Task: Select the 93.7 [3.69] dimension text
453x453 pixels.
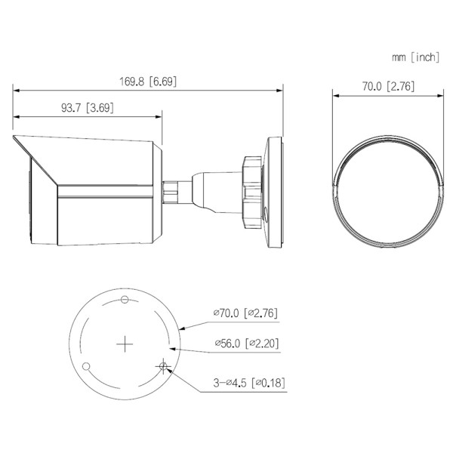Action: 87,108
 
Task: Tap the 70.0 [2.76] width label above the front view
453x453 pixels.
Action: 387,86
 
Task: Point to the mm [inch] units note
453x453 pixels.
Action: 414,57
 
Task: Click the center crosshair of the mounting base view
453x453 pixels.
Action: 125,344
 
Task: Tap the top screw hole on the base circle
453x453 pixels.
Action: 125,300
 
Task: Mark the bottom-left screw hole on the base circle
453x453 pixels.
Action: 87,367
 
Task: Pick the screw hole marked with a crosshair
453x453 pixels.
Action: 163,366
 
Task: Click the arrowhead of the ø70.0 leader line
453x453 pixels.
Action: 183,328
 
